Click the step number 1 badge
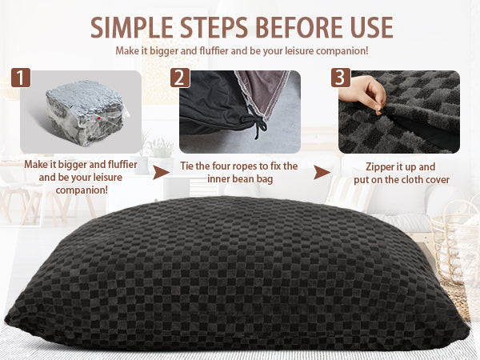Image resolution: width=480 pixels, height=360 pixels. pos(21,78)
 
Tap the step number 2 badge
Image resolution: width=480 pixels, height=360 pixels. pos(180,78)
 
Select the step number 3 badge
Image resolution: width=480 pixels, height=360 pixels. pos(341,78)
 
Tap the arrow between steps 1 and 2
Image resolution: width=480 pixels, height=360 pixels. pos(161,172)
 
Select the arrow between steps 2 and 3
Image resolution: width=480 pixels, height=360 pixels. pos(322,173)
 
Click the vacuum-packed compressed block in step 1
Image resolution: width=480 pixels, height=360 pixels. pos(86,112)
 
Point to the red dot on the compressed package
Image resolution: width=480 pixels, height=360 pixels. pos(99,118)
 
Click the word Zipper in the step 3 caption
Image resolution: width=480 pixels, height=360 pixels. pos(380,167)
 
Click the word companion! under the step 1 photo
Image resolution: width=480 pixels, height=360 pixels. pos(82,190)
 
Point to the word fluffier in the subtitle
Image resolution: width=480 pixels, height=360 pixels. pos(214,51)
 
